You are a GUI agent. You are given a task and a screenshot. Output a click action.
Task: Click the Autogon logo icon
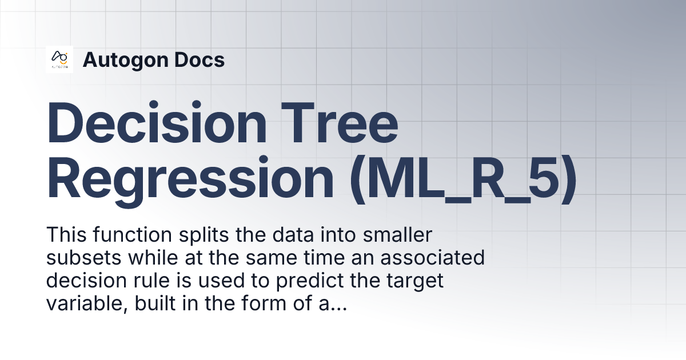[59, 59]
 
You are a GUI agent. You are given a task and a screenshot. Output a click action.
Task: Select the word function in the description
[127, 235]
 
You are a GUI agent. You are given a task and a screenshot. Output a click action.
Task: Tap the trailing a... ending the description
[334, 305]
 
